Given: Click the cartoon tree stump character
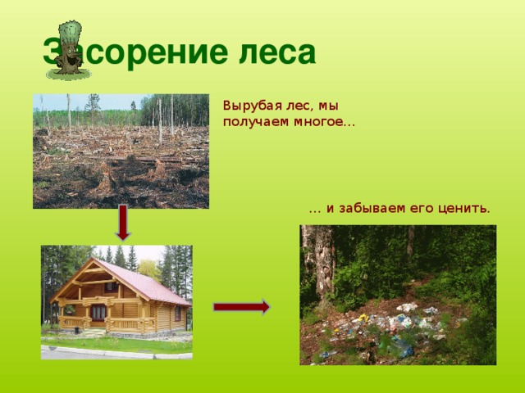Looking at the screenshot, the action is tap(69, 50).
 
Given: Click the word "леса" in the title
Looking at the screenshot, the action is tap(277, 52).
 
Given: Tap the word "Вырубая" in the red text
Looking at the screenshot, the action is tap(249, 106).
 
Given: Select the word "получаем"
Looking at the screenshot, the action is tap(255, 122).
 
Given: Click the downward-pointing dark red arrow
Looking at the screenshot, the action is tap(123, 223).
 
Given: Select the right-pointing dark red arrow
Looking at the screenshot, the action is tap(242, 307).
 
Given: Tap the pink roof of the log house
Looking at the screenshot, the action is tap(144, 281).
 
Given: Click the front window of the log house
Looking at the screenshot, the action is tap(98, 312).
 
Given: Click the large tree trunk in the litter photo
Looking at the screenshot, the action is tap(318, 260).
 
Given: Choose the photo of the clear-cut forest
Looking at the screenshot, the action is tap(121, 151).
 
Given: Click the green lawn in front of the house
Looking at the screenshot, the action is tap(117, 344).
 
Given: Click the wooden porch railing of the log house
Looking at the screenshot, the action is tap(127, 323).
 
